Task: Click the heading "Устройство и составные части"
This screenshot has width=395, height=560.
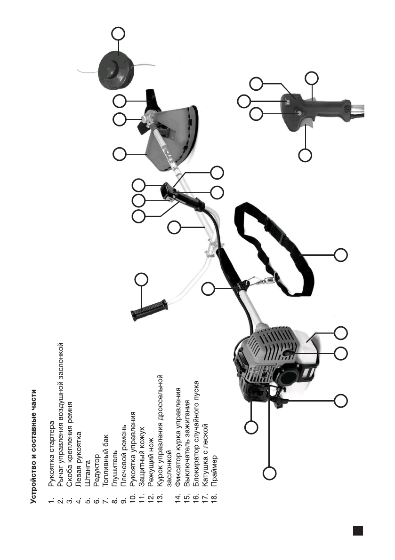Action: click(x=34, y=447)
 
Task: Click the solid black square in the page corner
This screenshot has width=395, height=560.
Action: click(x=358, y=530)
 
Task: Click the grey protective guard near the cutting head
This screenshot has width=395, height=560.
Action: click(x=174, y=136)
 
